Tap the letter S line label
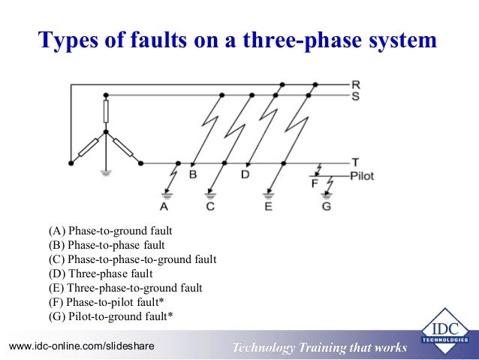click(356, 95)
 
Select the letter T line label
click(356, 162)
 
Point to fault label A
click(164, 206)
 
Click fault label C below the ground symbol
click(210, 206)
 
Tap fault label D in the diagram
click(244, 175)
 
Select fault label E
click(268, 206)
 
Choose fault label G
click(326, 206)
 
